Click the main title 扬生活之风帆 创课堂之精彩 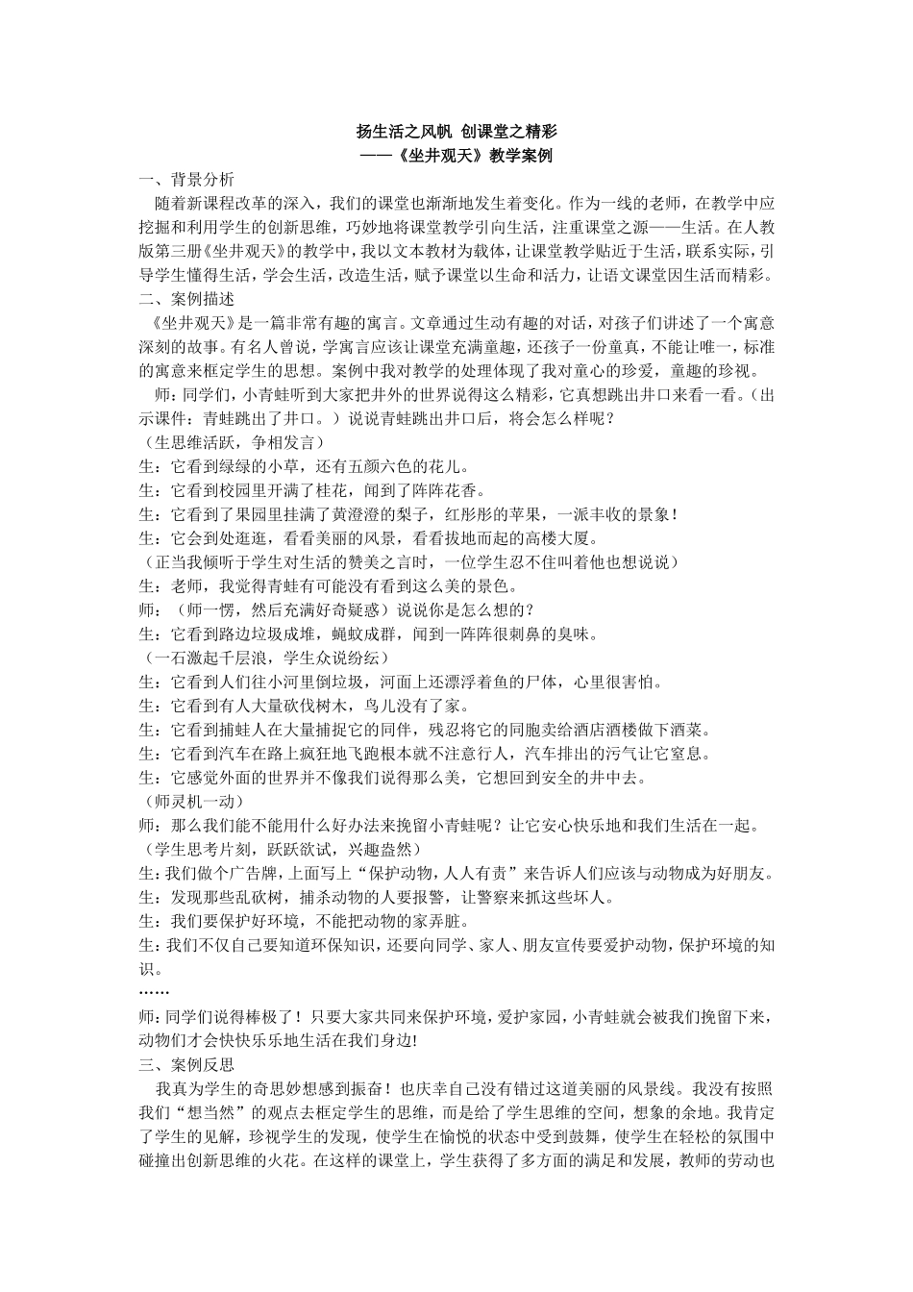tap(456, 132)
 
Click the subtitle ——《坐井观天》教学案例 tap(456, 156)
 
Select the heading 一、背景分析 tap(185, 180)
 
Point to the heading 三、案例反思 tap(185, 1065)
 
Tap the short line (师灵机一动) tap(191, 801)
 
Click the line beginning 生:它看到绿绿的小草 tap(305, 466)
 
